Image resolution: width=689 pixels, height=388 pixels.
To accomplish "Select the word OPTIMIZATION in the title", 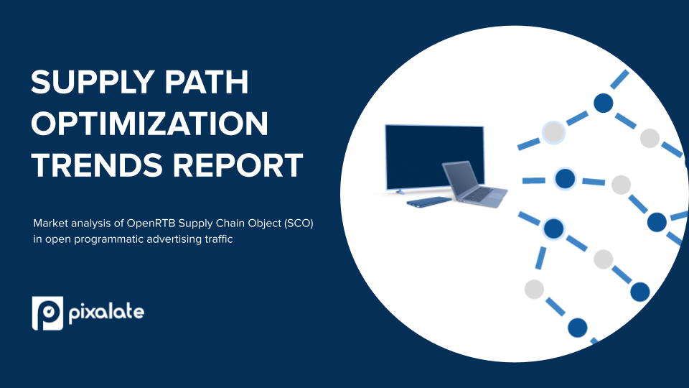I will [150, 124].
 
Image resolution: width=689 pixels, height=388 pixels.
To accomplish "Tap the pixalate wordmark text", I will [107, 313].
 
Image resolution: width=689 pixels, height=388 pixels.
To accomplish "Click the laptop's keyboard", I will [480, 193].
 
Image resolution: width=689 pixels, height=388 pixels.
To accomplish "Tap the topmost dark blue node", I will [604, 103].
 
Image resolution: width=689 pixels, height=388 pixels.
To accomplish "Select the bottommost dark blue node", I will [578, 328].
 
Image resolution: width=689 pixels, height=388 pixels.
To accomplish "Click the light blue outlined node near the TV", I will [553, 132].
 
